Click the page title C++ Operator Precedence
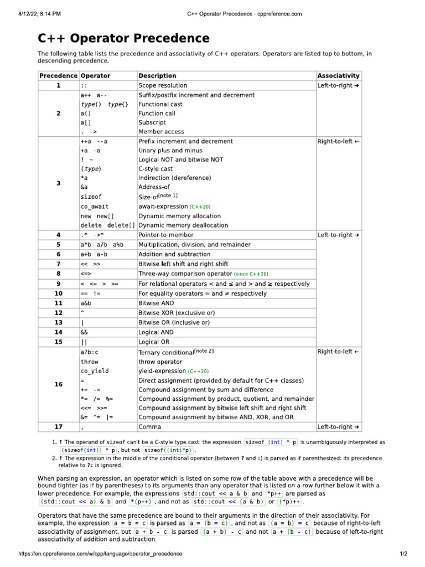pos(123,38)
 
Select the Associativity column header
pos(338,75)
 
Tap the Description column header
pos(157,75)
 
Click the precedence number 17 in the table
pos(58,427)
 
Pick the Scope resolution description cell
pos(163,85)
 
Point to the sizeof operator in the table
pos(91,197)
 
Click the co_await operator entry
pos(95,206)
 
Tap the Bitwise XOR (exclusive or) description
pos(174,313)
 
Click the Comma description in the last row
pos(150,427)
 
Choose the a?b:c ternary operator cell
pos(89,352)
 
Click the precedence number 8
pos(58,274)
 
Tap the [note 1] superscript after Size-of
pos(168,195)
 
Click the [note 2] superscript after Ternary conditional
pos(204,350)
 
